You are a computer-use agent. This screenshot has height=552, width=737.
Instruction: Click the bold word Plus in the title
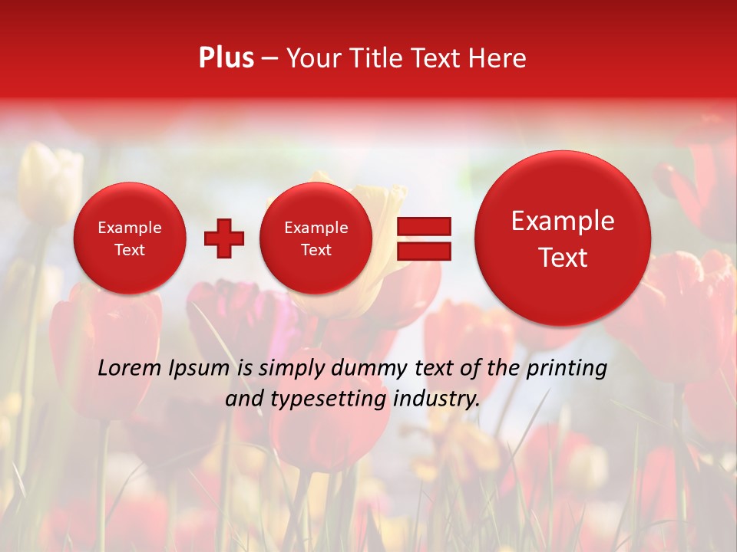[226, 58]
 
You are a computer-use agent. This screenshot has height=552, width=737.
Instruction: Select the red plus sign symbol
[223, 238]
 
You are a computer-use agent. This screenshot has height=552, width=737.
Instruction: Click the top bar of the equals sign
[423, 226]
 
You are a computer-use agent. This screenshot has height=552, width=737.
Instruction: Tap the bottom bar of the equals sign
[423, 251]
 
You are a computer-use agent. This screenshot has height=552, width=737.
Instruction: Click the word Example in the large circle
[563, 221]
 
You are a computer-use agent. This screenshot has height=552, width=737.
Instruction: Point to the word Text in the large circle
[563, 258]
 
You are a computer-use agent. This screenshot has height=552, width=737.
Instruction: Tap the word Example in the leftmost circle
[130, 228]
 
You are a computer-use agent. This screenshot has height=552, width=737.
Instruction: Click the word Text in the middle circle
[316, 250]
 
